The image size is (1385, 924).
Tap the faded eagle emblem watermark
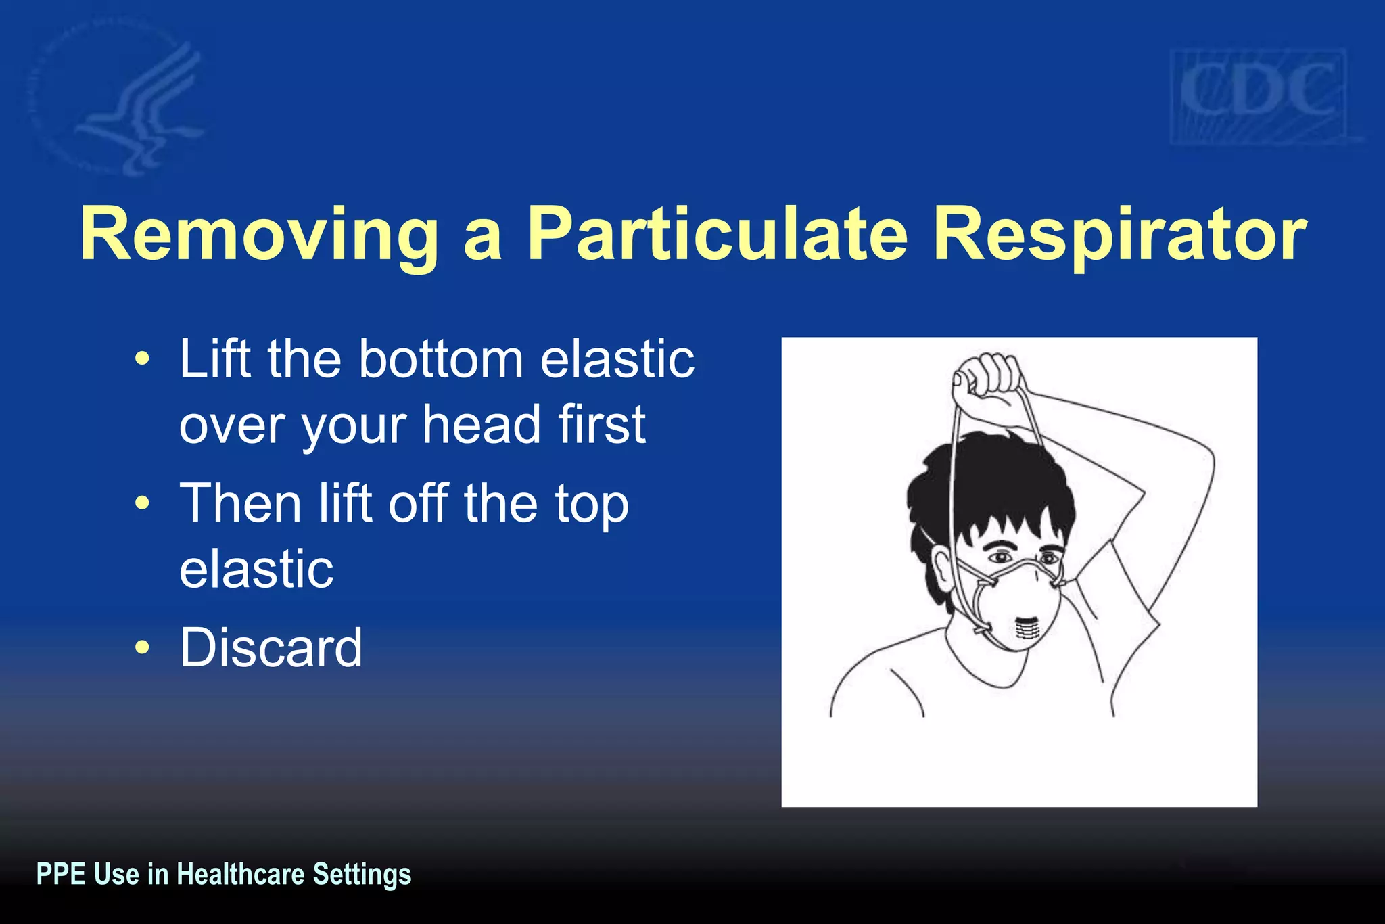[x=122, y=101]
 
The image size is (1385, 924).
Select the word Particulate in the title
[x=718, y=234]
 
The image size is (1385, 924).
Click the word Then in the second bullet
[x=240, y=503]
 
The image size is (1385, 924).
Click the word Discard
[x=271, y=647]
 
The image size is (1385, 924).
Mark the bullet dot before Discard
[x=141, y=647]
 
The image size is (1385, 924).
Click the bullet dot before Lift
[x=141, y=359]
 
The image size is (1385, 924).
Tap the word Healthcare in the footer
[x=240, y=874]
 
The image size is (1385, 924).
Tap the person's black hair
[x=987, y=487]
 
